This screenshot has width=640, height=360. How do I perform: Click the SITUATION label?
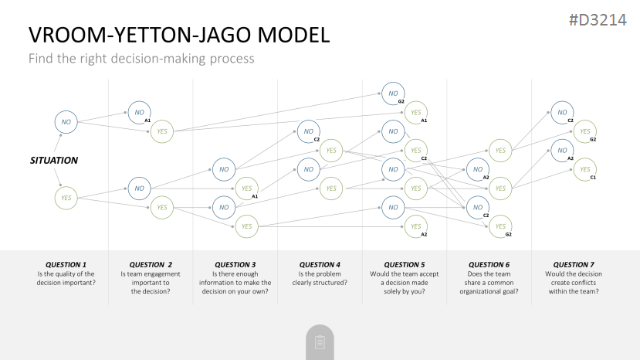coord(54,160)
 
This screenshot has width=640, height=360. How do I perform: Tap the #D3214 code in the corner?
coord(598,20)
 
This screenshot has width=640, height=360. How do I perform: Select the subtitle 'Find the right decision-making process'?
coord(141,59)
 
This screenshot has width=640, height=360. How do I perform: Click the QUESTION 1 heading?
coord(66,264)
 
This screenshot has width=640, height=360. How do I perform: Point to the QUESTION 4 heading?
coord(320,264)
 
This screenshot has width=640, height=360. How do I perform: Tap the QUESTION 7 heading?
coord(574,264)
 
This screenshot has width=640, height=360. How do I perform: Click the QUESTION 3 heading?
coord(235,264)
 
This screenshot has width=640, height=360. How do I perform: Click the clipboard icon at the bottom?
coord(320,342)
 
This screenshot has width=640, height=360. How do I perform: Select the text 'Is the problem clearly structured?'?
coord(320,278)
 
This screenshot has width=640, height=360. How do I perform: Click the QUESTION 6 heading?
coord(489,264)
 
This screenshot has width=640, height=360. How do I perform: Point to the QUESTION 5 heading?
coord(404,264)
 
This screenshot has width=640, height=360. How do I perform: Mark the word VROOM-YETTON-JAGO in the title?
coord(141,35)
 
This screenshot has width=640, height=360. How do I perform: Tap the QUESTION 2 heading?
coord(151,264)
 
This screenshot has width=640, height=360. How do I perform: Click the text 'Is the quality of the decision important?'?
coord(66,278)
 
